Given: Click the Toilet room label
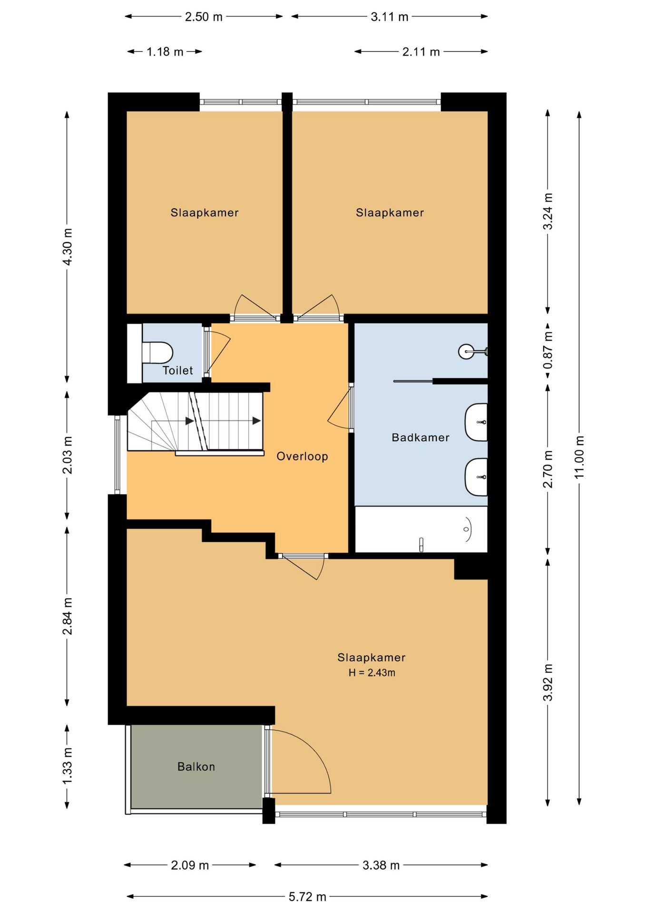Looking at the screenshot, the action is coord(177,370).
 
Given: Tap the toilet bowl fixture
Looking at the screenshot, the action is coord(157,352).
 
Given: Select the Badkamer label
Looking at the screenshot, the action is coord(421,437).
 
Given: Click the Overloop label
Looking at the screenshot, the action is coord(302,456).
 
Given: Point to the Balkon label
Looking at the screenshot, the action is coord(196,767).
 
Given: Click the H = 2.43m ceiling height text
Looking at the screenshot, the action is coord(372,672).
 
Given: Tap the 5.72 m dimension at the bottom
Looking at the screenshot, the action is coord(307,896).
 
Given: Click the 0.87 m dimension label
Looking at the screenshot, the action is coord(548,350).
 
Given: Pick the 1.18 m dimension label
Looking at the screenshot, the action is coord(165,52).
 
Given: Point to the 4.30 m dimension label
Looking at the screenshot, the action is coord(67,247).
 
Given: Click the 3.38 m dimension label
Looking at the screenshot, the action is coord(381,865).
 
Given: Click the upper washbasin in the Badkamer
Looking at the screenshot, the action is coord(476,422).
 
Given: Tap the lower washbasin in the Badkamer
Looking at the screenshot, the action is coord(476,477).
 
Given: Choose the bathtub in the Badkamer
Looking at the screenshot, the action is coord(421,529).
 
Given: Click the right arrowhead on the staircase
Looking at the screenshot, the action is coord(256,421).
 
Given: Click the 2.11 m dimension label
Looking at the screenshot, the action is coord(421,52).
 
